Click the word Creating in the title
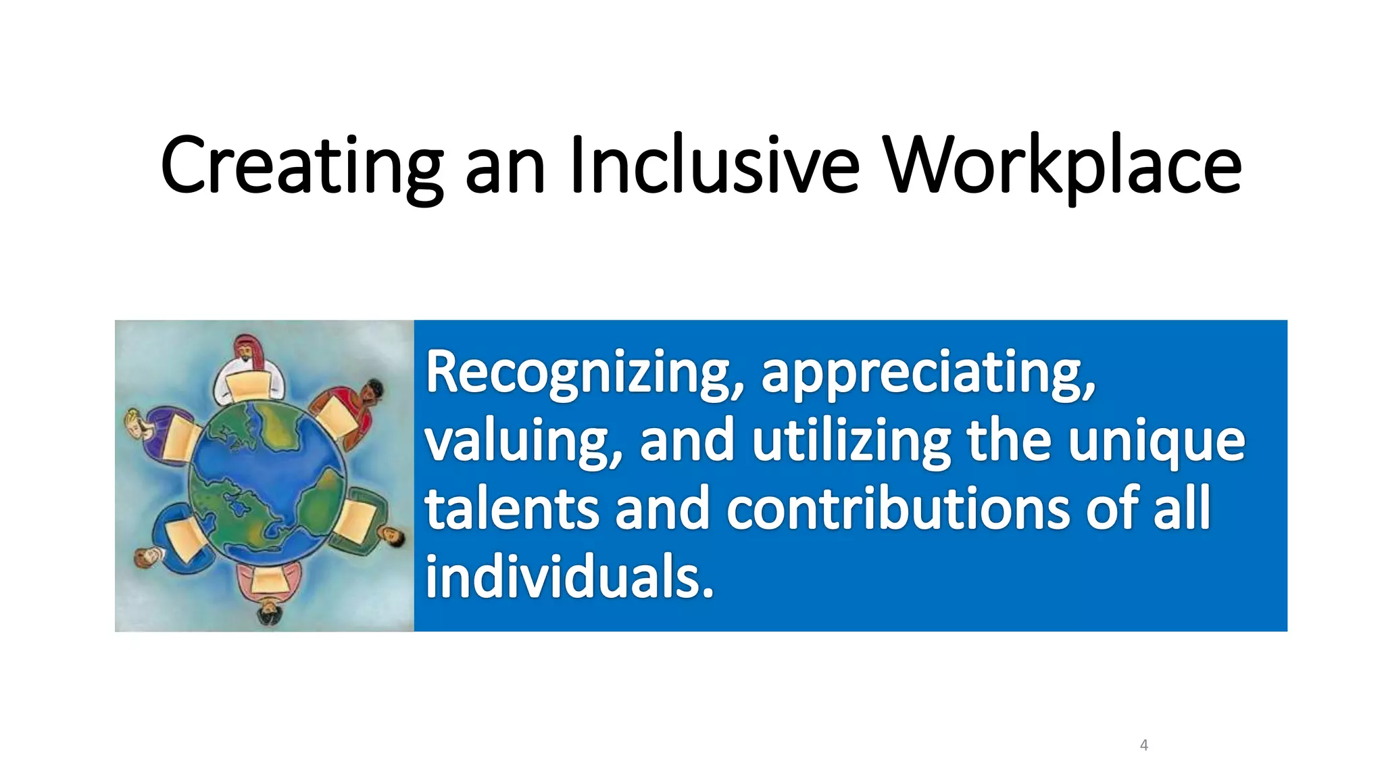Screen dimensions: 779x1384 point(301,166)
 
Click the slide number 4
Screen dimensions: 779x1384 point(1143,745)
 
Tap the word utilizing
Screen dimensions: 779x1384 point(851,441)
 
